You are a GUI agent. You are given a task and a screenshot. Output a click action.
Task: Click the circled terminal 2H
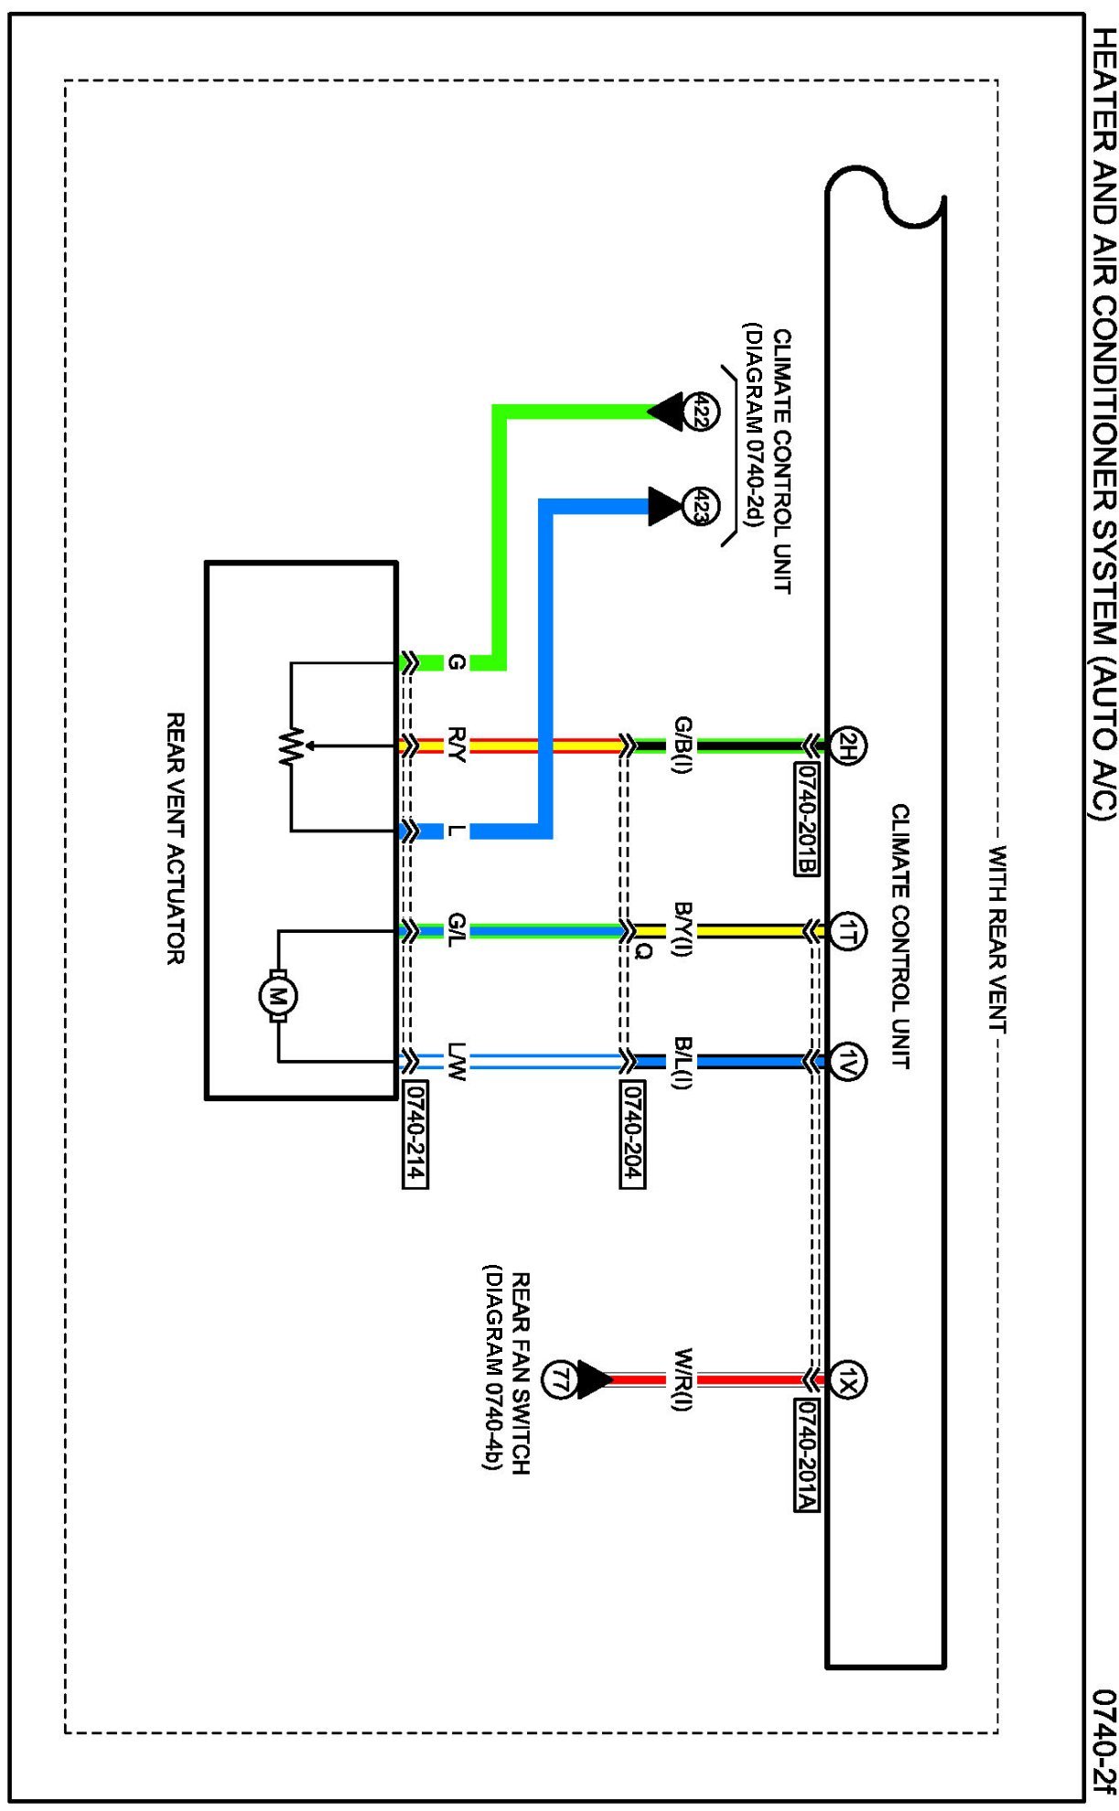pos(847,745)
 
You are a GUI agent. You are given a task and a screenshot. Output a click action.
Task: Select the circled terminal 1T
pos(847,932)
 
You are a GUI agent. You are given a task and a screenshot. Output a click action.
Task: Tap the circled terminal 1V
pos(847,1062)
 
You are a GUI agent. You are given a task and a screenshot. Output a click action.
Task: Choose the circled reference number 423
pos(702,506)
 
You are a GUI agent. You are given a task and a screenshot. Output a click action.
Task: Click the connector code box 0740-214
pos(414,1134)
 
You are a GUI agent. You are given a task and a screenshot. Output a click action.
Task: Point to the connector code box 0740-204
pos(632,1134)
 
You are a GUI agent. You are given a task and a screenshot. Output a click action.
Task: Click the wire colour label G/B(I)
pos(683,745)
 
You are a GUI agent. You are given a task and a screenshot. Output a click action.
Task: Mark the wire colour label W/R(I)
pos(683,1379)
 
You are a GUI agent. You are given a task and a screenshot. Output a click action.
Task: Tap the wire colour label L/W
pos(457,1062)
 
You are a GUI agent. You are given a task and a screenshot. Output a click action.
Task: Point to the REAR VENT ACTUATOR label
pos(176,839)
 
